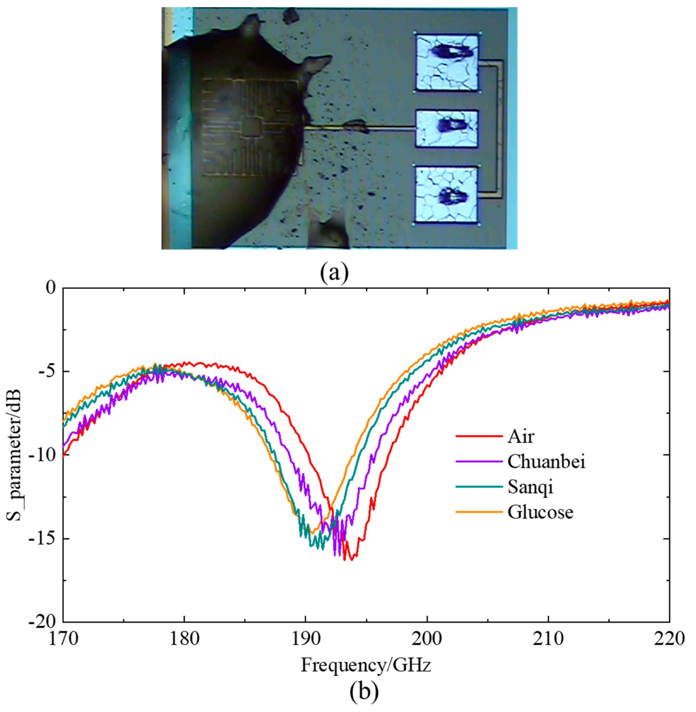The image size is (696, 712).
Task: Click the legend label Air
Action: [521, 437]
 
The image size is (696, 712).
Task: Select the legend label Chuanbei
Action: [546, 462]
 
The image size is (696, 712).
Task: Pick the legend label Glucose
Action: [540, 512]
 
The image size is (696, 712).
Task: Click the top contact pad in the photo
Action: [447, 63]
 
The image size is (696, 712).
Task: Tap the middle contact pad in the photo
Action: [447, 129]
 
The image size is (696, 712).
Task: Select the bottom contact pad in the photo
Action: [447, 195]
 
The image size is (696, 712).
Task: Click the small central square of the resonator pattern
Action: [251, 127]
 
